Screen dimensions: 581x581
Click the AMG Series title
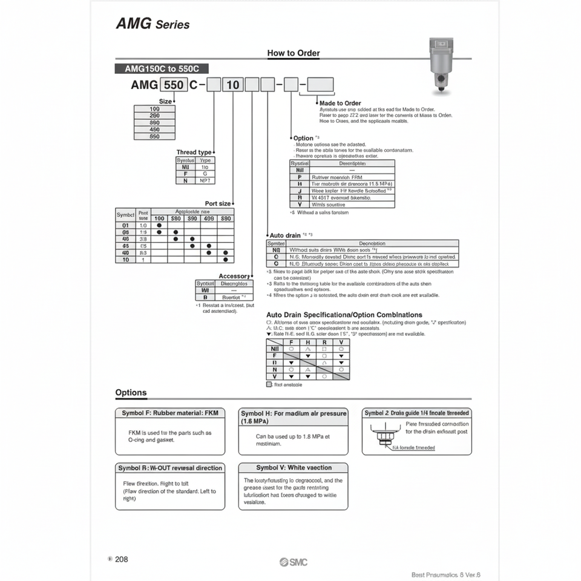point(152,24)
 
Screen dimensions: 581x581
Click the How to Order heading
point(294,53)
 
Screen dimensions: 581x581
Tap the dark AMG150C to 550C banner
point(162,69)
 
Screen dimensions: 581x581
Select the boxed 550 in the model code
point(174,85)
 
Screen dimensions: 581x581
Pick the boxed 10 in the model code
point(233,85)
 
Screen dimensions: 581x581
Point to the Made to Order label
point(340,103)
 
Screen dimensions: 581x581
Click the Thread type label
point(194,152)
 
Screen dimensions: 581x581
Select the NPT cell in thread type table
point(205,180)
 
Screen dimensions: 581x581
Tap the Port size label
point(218,204)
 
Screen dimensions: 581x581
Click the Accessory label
point(234,276)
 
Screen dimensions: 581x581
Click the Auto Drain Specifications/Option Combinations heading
point(344,315)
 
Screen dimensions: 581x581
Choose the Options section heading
point(131,393)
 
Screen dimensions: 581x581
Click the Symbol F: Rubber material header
point(169,413)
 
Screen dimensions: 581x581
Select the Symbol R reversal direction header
point(169,468)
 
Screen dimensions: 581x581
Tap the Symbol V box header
point(294,468)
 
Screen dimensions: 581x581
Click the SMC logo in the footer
point(294,562)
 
